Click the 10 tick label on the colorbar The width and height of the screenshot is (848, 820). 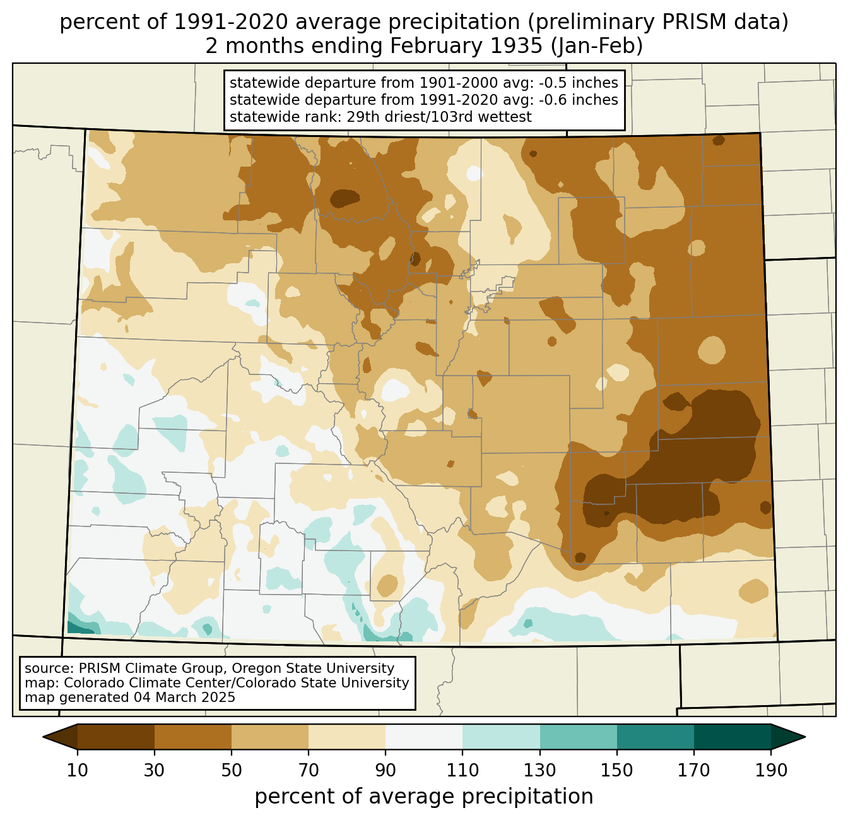(78, 770)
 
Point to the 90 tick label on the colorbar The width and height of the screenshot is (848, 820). (386, 770)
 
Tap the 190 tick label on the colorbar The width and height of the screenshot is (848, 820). (771, 770)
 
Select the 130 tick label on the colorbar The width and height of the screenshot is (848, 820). (540, 770)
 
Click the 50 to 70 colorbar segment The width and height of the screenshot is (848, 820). (270, 737)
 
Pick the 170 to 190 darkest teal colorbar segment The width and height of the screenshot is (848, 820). (733, 737)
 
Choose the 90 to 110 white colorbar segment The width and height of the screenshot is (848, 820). (424, 737)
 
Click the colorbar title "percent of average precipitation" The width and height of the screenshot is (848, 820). (424, 797)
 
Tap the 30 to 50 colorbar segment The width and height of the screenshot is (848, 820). (193, 737)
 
